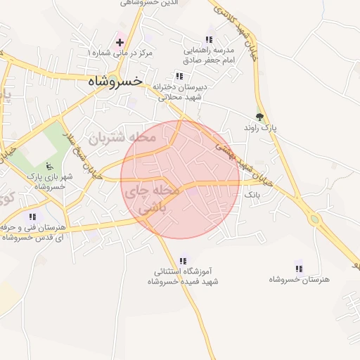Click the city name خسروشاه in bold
pos(115,82)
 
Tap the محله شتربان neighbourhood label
pos(121,137)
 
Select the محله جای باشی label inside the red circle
pos(152,199)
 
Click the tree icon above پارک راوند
pos(260,117)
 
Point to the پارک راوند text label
pos(260,129)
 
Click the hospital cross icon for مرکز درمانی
pos(120,42)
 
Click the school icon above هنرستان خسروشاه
pos(299,267)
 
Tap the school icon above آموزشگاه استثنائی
pos(184,260)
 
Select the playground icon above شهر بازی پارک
pos(49,167)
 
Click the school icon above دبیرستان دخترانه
pos(179,76)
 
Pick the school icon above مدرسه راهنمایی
pos(208,39)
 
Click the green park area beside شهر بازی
pos(42,144)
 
